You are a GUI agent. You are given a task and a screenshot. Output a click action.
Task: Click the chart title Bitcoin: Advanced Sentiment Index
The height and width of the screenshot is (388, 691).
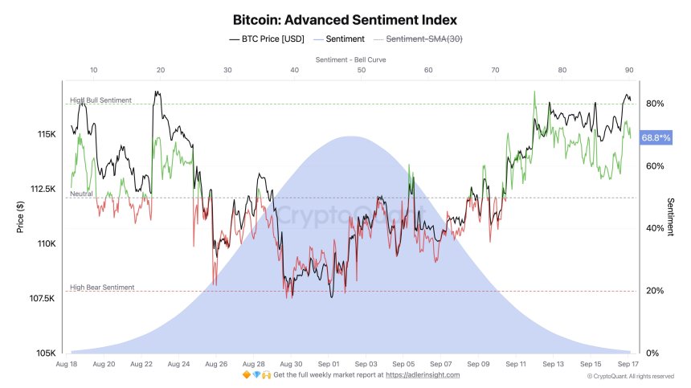tap(345, 18)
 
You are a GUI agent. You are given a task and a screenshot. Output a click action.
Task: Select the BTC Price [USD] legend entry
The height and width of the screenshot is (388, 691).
tap(273, 39)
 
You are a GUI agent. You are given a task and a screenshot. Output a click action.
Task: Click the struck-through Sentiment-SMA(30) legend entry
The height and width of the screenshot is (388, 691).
tap(426, 39)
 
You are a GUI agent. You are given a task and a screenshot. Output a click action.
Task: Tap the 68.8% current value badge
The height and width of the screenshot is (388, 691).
tap(655, 138)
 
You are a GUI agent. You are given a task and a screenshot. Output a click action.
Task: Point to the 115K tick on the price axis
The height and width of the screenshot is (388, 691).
tap(46, 134)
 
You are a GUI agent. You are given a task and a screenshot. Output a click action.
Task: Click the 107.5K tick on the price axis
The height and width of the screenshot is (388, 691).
tap(41, 299)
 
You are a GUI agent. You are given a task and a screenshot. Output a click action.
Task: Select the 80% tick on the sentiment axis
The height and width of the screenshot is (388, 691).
tap(655, 104)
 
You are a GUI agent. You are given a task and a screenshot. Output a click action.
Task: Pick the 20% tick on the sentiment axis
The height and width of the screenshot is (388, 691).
tap(655, 291)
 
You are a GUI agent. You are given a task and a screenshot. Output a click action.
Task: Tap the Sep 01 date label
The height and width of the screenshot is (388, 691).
tap(329, 364)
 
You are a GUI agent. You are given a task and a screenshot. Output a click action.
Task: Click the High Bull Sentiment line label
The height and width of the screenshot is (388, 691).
tap(101, 100)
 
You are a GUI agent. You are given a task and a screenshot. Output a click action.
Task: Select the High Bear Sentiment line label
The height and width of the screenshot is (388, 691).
tap(102, 287)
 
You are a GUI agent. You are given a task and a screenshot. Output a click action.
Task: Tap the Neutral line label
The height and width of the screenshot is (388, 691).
tap(81, 194)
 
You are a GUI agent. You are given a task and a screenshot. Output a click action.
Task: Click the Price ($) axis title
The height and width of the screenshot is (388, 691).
tap(22, 217)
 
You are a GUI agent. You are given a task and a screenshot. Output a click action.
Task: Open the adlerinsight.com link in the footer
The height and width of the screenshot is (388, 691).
tap(423, 375)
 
